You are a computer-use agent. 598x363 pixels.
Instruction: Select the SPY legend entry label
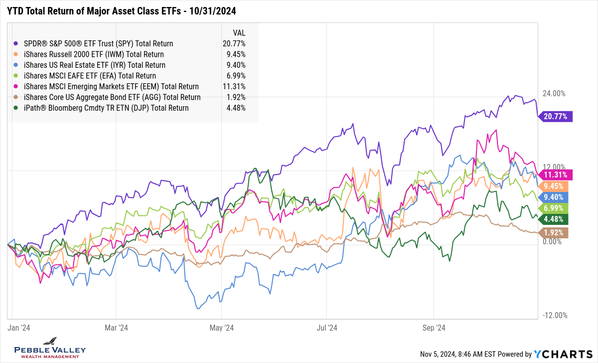[95, 43]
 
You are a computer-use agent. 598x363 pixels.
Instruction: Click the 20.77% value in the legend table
[234, 43]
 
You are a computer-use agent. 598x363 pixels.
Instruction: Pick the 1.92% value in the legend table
[235, 97]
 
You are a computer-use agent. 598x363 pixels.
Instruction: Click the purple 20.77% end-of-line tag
[558, 117]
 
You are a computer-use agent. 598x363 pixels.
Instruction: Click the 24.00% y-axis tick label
[554, 93]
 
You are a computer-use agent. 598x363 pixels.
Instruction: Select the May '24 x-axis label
[222, 328]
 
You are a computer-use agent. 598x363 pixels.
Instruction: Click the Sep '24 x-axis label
[434, 328]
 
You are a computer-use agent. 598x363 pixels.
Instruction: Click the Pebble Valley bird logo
[50, 341]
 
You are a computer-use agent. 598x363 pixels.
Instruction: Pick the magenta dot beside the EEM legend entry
[16, 87]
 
